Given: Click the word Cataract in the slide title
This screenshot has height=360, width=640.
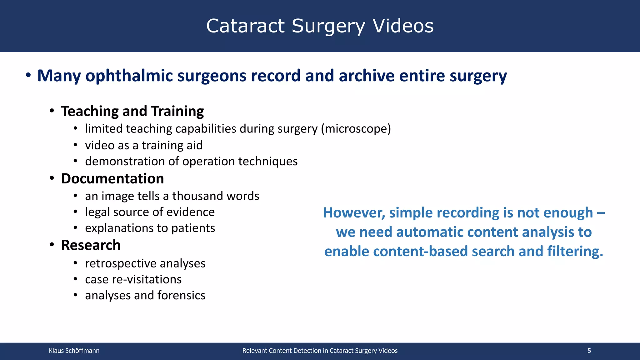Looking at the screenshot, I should tap(245, 26).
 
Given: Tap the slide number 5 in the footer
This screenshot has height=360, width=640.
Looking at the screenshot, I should tap(589, 351).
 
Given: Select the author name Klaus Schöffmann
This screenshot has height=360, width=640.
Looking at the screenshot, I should tap(74, 351).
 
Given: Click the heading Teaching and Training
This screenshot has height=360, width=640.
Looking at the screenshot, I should tap(132, 111).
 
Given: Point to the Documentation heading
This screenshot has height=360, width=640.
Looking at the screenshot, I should tap(112, 179).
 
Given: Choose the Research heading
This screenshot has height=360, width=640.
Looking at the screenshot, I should tap(91, 245).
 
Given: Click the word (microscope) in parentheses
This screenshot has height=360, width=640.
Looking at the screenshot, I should tap(356, 129).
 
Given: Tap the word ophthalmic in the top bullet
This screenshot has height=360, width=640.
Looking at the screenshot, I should tap(129, 76).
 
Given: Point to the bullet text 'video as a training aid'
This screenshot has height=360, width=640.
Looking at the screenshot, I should tap(144, 145).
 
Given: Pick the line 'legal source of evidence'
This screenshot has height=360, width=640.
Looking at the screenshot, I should tap(150, 212).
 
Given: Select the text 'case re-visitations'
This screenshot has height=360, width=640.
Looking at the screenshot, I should tap(133, 279).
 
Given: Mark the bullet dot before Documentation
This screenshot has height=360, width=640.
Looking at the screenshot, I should tap(52, 178).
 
